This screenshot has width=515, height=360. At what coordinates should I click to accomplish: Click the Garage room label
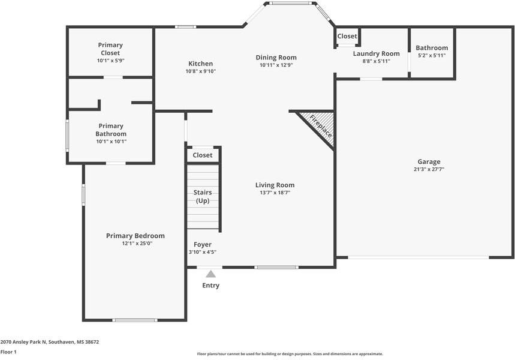[x=429, y=161]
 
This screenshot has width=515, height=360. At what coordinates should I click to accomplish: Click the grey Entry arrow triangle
[x=210, y=274]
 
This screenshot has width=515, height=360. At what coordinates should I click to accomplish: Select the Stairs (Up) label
[x=202, y=196]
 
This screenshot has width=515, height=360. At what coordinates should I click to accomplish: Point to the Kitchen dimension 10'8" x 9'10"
[x=200, y=71]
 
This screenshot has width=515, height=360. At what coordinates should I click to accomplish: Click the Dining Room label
[x=276, y=58]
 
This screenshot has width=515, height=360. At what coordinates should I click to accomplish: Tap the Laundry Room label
[x=376, y=53]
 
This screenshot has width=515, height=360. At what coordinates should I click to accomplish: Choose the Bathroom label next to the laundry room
[x=432, y=48]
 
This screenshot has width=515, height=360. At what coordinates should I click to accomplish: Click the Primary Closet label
[x=110, y=49]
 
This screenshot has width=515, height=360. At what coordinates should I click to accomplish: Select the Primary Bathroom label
[x=111, y=130]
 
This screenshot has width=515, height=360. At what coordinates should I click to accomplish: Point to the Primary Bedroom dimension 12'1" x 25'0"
[x=135, y=244]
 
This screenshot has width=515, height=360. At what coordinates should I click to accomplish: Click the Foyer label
[x=202, y=244]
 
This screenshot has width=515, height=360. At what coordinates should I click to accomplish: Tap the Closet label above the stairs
[x=203, y=155]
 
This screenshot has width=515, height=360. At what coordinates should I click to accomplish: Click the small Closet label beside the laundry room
[x=347, y=36]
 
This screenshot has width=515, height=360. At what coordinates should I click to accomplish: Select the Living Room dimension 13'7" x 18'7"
[x=275, y=193]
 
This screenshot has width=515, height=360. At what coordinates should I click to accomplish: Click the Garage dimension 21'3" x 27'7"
[x=429, y=170]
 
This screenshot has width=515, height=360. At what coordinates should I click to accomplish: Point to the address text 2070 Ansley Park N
[x=49, y=342]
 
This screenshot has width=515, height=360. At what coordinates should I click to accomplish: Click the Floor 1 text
[x=8, y=352]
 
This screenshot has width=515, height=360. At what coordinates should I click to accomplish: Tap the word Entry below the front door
[x=210, y=286]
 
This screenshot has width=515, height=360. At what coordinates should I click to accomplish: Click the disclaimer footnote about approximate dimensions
[x=290, y=354]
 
